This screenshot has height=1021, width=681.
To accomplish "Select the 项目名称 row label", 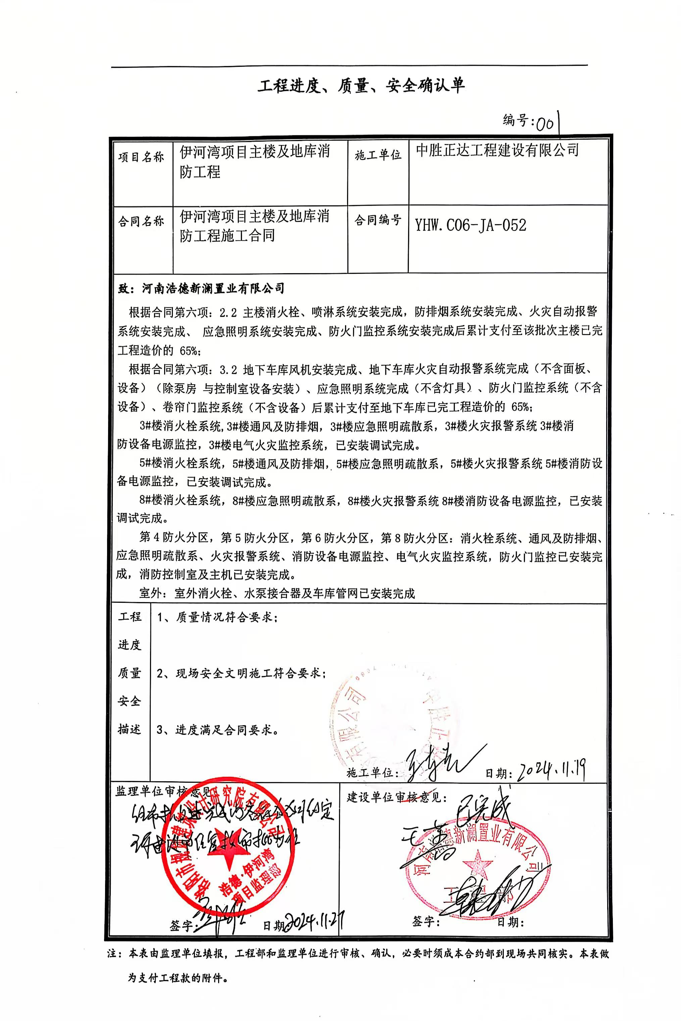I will pyautogui.click(x=141, y=157).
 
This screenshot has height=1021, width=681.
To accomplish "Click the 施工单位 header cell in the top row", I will pyautogui.click(x=378, y=155).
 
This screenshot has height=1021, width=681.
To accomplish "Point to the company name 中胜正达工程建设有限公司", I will pyautogui.click(x=497, y=151).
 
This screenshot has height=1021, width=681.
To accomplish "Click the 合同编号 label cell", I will pyautogui.click(x=378, y=220).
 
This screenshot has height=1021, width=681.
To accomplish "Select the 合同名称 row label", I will pyautogui.click(x=141, y=222).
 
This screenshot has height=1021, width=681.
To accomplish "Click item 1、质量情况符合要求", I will pyautogui.click(x=217, y=617).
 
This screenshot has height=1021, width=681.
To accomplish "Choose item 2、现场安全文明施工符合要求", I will pyautogui.click(x=241, y=674).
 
